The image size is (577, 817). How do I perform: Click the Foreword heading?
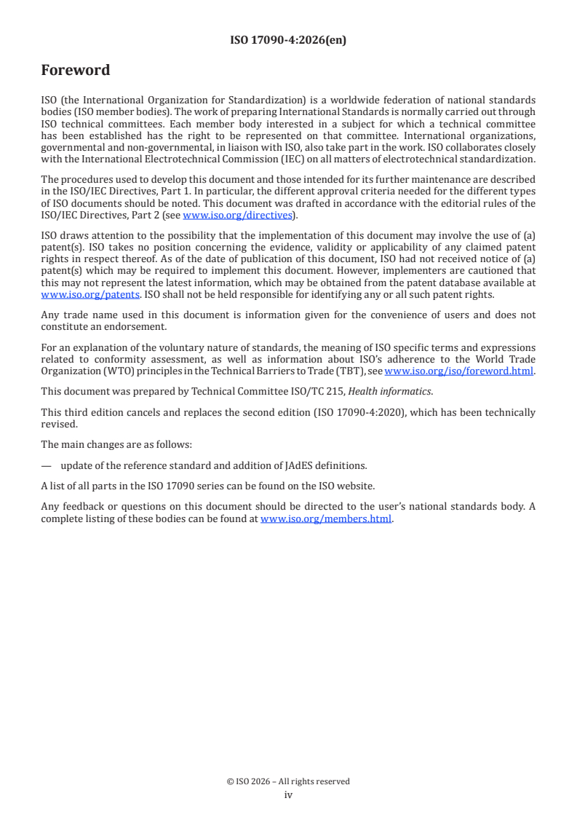[76, 71]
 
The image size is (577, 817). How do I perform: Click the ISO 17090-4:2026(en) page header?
[288, 40]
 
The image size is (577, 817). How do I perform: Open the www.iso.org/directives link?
[237, 215]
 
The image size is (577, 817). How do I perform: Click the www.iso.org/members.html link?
[326, 519]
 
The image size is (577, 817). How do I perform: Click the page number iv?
[288, 794]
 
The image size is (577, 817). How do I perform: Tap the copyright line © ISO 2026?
[288, 781]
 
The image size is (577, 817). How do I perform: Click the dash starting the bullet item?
[47, 465]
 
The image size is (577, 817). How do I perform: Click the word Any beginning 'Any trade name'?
[50, 315]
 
